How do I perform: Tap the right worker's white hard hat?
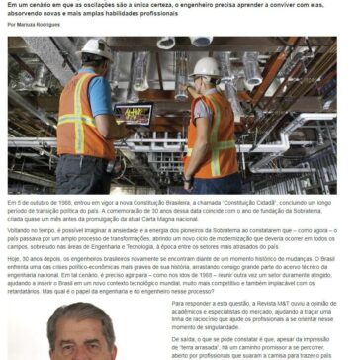(206, 66)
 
